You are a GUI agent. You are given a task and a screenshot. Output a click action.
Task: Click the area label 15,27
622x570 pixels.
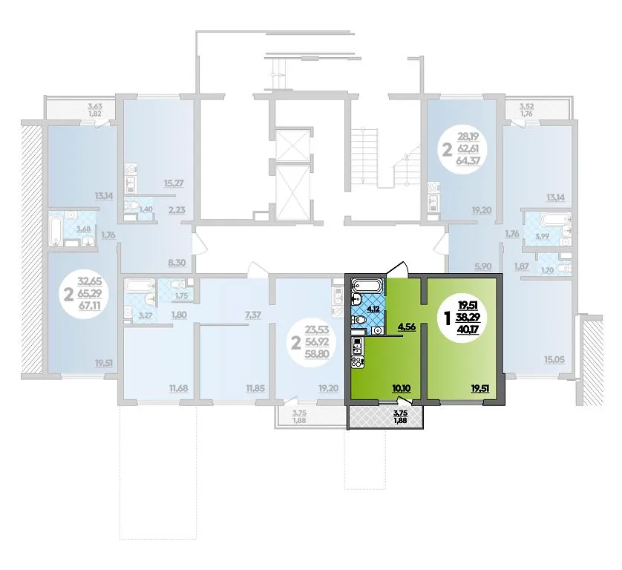(174, 183)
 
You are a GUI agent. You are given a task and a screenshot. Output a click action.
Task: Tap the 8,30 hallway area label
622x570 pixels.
(177, 263)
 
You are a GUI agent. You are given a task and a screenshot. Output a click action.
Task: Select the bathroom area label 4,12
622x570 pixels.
(373, 309)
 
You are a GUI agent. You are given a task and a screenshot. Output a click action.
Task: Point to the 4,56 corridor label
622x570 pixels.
(407, 327)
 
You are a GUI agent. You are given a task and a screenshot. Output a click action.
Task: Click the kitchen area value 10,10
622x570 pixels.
(401, 388)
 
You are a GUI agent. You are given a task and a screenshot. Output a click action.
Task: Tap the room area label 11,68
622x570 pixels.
(179, 388)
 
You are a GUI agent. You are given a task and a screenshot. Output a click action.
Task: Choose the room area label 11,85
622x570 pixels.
(255, 388)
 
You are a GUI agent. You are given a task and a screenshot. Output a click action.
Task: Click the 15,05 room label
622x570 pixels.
(554, 360)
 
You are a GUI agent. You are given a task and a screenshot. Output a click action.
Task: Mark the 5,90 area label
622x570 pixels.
(482, 266)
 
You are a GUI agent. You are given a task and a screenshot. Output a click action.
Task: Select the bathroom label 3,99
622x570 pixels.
(542, 237)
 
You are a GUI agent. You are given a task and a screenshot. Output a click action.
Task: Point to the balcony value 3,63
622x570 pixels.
(95, 106)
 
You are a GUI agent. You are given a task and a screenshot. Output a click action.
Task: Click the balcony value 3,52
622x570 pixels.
(527, 106)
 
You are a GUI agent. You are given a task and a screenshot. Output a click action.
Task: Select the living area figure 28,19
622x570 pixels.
(468, 137)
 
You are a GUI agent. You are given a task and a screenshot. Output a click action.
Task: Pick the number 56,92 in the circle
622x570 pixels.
(317, 341)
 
